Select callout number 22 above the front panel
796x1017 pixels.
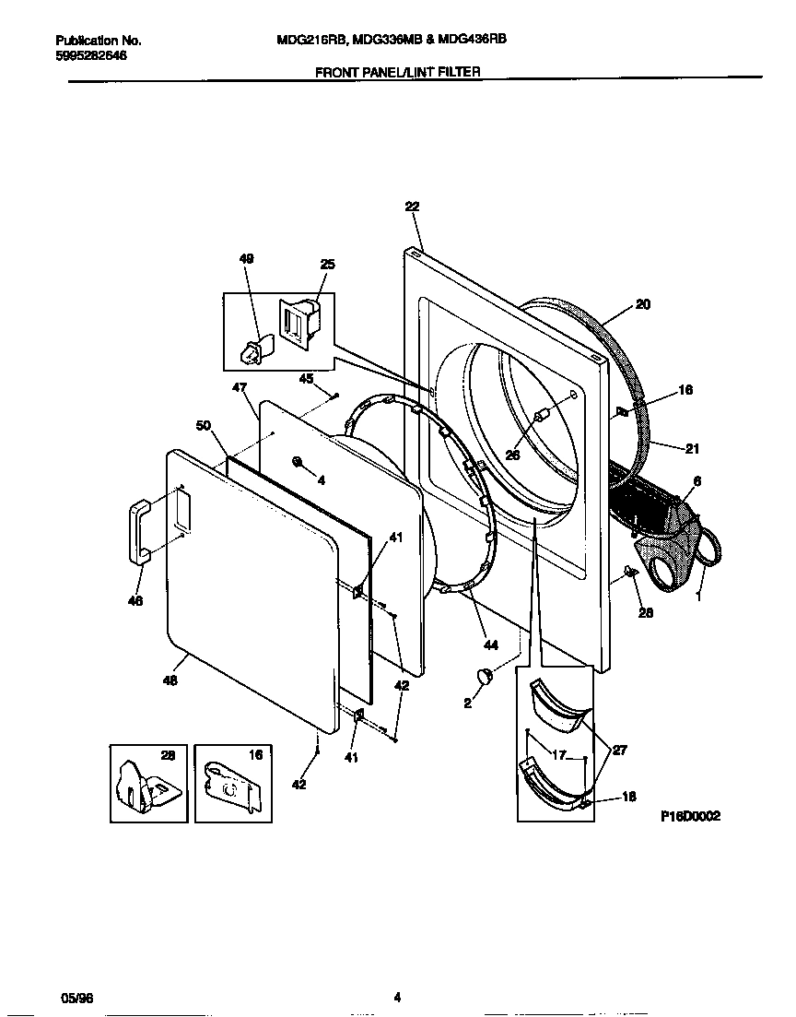tap(411, 207)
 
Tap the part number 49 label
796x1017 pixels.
tap(246, 260)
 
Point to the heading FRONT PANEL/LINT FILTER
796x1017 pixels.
tap(398, 71)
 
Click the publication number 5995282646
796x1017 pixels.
tap(91, 55)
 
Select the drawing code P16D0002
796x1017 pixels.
tap(690, 816)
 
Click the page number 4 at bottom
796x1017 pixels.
tap(397, 997)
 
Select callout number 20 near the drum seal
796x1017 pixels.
tap(643, 303)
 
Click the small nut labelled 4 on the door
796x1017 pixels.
tap(298, 461)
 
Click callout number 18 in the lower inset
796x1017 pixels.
tap(629, 798)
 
